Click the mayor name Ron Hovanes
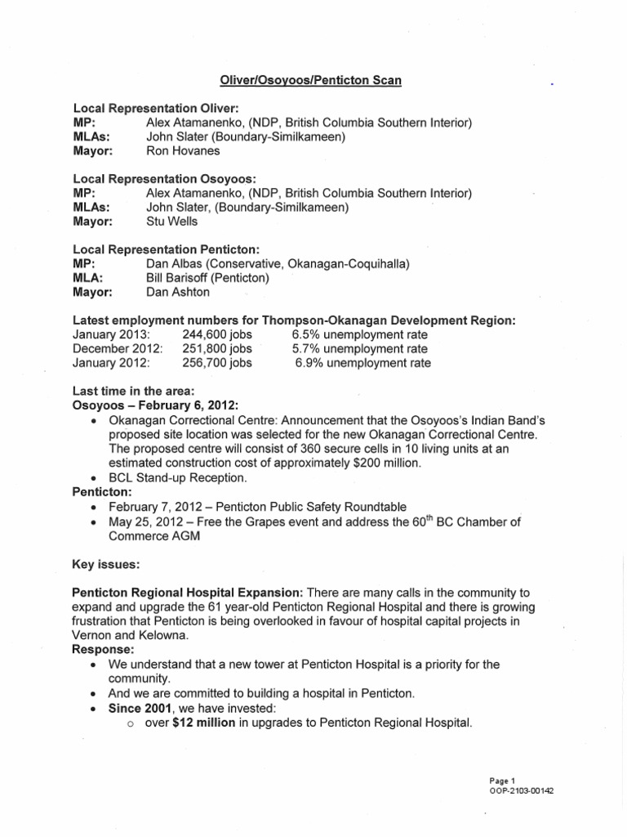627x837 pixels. point(183,151)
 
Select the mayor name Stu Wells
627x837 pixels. point(173,222)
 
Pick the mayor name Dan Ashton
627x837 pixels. point(178,292)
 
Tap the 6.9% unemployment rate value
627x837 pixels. point(362,363)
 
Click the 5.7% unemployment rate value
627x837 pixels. point(360,348)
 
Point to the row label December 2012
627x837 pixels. point(118,348)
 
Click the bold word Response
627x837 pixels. point(104,650)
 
